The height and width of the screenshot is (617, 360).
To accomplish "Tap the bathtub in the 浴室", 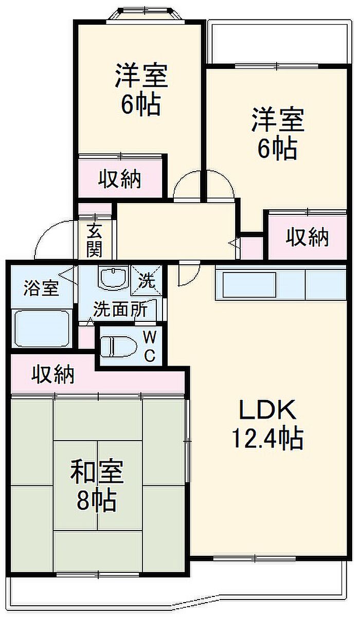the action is pyautogui.click(x=42, y=329).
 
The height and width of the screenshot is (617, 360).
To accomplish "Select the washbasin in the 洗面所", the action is pyautogui.click(x=114, y=278).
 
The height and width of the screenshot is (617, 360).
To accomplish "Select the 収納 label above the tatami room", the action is pyautogui.click(x=53, y=375).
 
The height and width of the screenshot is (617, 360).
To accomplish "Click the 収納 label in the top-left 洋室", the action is pyautogui.click(x=120, y=179).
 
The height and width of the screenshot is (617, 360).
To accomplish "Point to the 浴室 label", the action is pyautogui.click(x=41, y=288).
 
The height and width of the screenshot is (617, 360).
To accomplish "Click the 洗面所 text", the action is pyautogui.click(x=120, y=310).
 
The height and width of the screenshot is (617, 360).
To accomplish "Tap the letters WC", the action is pyautogui.click(x=150, y=346).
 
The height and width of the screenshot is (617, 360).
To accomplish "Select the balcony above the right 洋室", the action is pyautogui.click(x=280, y=42).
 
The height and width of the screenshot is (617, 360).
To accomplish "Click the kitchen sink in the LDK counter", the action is pyautogui.click(x=249, y=281).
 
